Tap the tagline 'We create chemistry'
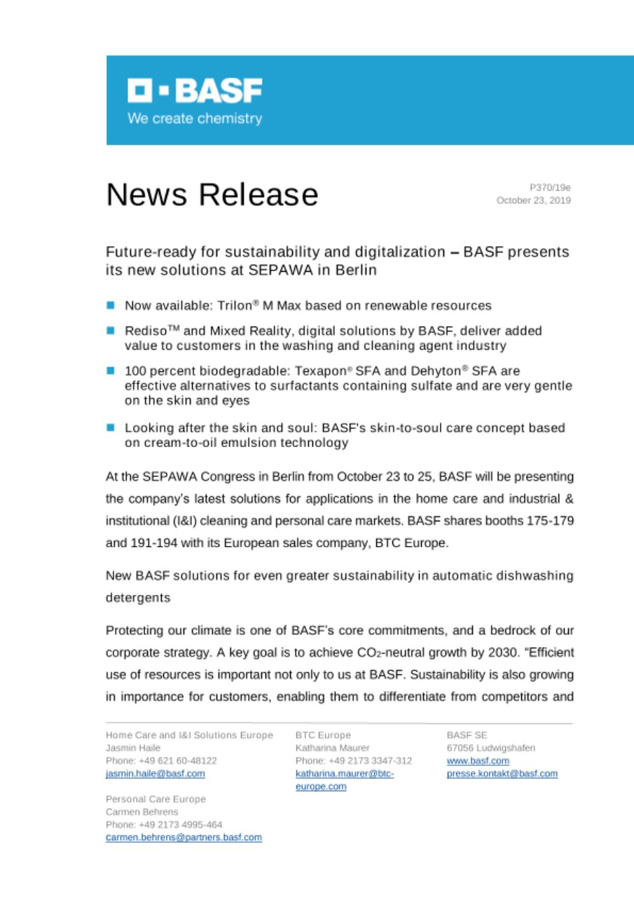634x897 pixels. tap(194, 118)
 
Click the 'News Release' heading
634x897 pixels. tap(212, 194)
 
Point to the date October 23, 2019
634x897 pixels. tap(533, 200)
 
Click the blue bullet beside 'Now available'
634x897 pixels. tap(111, 306)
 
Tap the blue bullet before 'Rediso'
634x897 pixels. tap(111, 331)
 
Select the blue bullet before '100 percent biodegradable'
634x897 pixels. tap(111, 371)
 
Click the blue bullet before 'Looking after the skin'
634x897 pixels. tap(111, 427)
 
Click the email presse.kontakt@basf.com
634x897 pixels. tap(502, 774)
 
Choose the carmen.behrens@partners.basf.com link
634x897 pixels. tap(184, 837)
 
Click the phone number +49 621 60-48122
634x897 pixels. tap(172, 760)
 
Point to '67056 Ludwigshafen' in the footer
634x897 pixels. tap(490, 748)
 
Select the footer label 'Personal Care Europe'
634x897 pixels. tap(156, 799)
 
